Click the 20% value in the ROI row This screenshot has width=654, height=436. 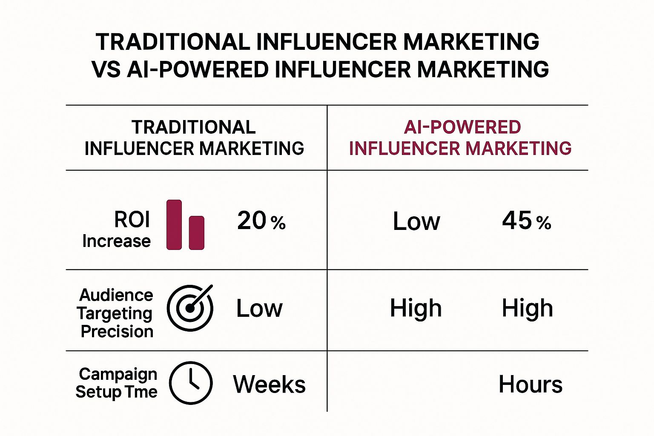261,221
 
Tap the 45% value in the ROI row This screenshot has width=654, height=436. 526,221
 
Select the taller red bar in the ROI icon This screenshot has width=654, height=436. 174,224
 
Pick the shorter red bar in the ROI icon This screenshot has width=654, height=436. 197,232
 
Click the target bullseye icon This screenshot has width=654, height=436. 190,308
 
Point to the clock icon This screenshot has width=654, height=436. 191,383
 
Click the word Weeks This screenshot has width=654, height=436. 269,384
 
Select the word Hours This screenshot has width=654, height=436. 530,384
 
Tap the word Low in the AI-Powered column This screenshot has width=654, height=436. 416,222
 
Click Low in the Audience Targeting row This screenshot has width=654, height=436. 259,309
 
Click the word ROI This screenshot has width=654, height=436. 132,220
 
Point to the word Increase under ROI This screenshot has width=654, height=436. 116,241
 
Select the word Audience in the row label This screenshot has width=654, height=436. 116,295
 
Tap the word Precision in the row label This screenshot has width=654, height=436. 117,331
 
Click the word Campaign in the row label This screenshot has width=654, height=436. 118,374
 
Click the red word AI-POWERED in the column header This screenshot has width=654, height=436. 462,127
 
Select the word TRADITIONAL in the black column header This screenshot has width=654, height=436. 193,127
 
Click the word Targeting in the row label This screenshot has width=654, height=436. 115,313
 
